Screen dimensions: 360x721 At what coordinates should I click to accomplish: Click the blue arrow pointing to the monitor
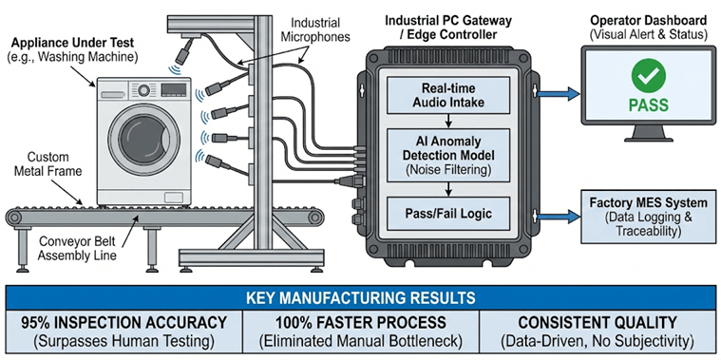pos(554,94)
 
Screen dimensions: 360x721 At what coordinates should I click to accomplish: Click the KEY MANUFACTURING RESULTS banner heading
pos(360,296)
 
